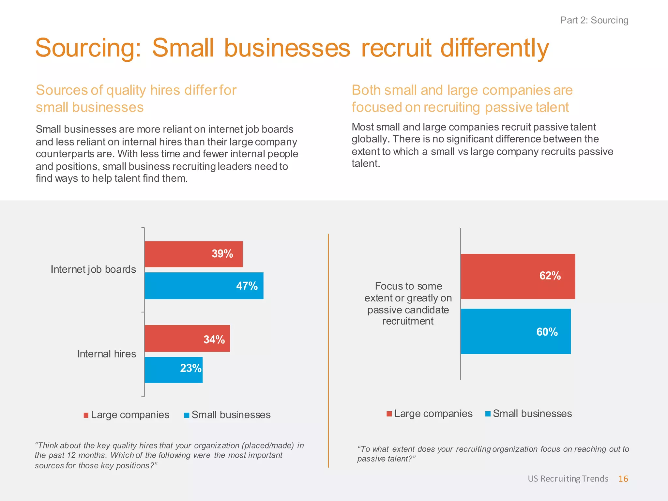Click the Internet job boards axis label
pos(93,269)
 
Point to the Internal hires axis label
pos(106,354)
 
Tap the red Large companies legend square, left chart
pos(86,415)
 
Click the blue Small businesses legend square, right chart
pos(488,414)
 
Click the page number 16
pos(623,479)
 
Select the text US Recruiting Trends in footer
pos(568,479)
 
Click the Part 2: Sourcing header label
pos(594,20)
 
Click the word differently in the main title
pos(494,48)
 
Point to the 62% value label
pos(550,276)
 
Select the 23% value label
pos(191,368)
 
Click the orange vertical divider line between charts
pos(328,351)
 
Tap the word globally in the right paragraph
pos(370,139)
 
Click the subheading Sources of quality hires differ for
pos(136,90)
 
